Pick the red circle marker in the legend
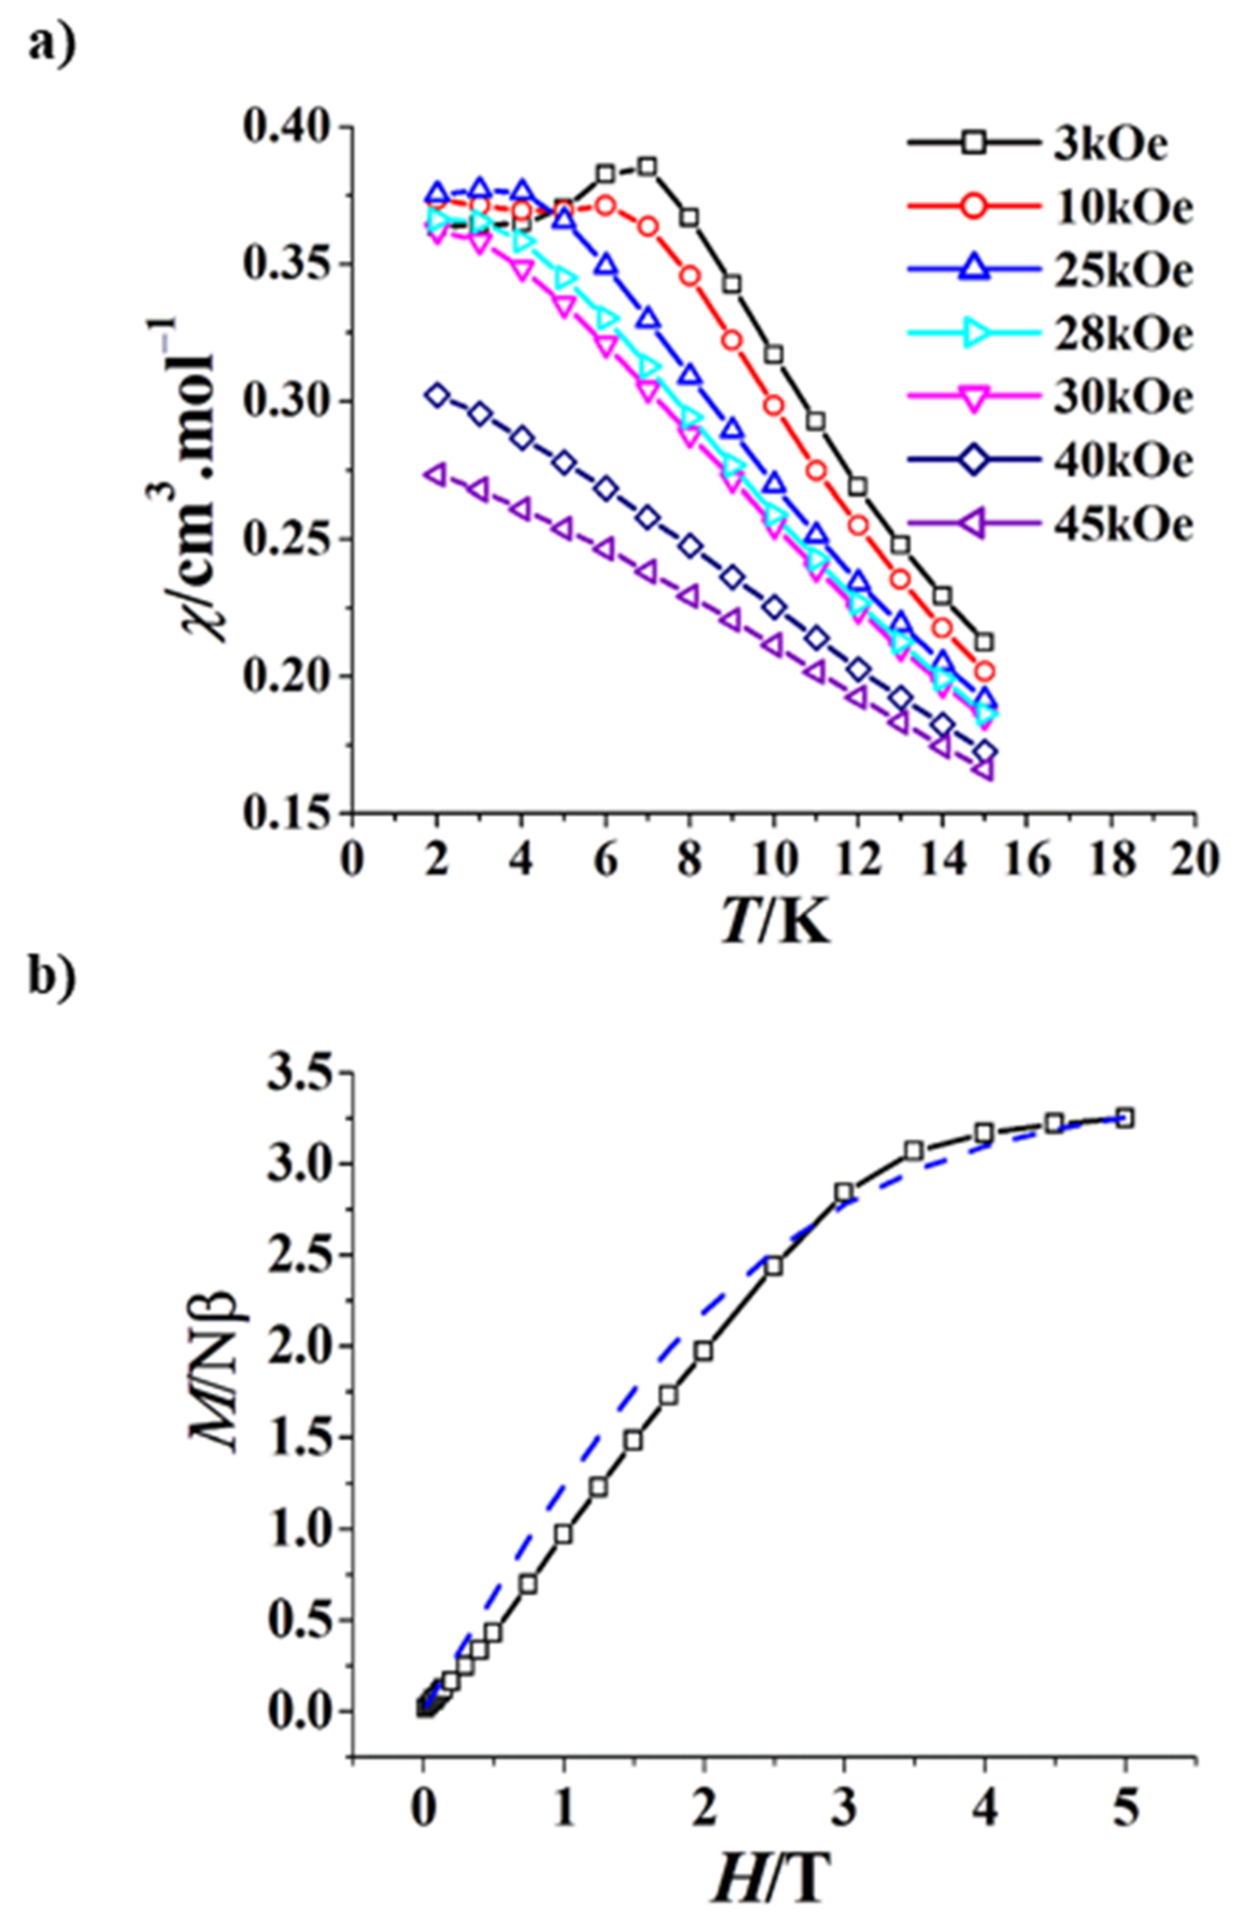pos(973,207)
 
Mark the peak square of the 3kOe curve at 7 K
pos(647,167)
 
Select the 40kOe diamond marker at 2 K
pos(437,395)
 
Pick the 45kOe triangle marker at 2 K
pos(436,474)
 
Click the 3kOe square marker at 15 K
pos(984,642)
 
